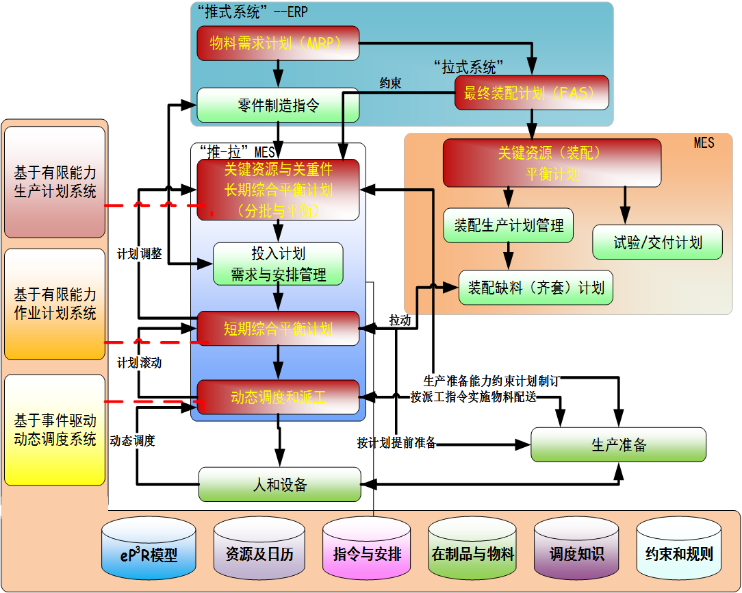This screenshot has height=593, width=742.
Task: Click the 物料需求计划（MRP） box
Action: tap(278, 44)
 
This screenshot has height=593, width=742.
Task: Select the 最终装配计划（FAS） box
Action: tap(532, 92)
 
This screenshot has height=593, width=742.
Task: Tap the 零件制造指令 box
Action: tap(278, 105)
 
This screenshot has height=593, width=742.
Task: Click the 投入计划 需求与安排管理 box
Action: tap(278, 264)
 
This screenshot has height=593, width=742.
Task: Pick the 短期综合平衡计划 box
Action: tap(278, 329)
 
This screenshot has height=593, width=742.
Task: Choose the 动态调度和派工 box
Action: tap(278, 397)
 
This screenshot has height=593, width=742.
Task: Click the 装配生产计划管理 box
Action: tap(508, 225)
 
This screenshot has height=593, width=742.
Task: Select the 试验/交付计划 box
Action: tap(657, 242)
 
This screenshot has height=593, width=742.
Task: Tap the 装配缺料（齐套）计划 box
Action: tap(535, 288)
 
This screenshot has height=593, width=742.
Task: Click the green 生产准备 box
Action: tap(618, 445)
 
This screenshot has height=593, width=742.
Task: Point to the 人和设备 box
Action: tap(279, 485)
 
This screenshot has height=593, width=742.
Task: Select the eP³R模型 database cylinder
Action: tap(149, 553)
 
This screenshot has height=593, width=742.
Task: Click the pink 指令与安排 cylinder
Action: tap(367, 553)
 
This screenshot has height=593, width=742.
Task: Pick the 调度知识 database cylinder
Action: tap(576, 553)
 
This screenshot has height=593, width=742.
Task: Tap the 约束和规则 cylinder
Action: tap(679, 553)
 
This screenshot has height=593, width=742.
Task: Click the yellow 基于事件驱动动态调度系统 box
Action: tap(55, 430)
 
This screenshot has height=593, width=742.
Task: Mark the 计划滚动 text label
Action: tap(139, 362)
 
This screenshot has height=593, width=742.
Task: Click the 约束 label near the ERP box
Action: tap(390, 83)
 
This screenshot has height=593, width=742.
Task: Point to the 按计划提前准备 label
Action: tap(396, 442)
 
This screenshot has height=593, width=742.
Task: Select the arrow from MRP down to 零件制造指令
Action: tap(278, 73)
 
